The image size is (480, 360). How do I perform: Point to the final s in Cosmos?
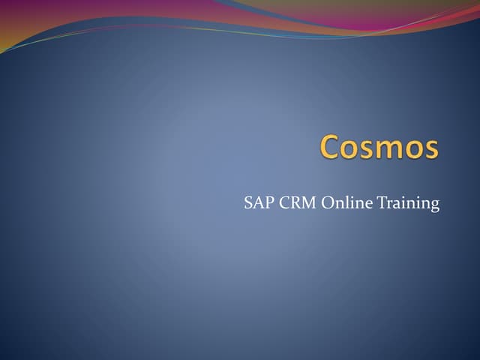point(430,148)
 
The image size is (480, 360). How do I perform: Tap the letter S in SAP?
point(248,203)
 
